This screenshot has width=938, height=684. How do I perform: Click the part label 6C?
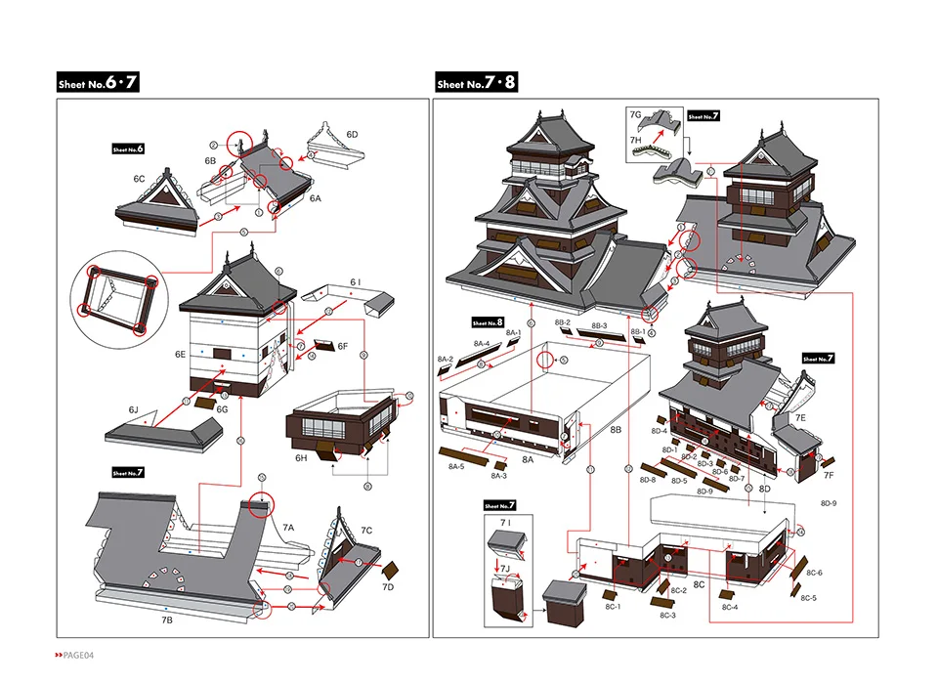tap(139, 179)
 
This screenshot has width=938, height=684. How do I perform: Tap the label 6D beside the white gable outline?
tap(351, 134)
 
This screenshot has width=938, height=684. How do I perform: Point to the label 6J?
tap(133, 410)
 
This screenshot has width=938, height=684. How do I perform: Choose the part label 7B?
tap(167, 620)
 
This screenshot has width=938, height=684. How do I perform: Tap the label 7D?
tap(388, 586)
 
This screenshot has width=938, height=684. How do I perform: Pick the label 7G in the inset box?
tap(635, 115)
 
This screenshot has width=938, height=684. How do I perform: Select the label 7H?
tap(635, 140)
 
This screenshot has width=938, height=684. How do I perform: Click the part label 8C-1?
tap(613, 607)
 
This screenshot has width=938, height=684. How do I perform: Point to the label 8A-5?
tap(456, 467)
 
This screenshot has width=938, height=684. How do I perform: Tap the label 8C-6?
tap(814, 572)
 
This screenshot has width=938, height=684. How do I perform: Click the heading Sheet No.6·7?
tap(98, 83)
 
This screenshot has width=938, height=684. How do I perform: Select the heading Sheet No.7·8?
tap(476, 83)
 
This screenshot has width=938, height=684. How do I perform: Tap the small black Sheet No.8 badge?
tap(487, 322)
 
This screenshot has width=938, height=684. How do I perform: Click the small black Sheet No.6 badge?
tap(128, 149)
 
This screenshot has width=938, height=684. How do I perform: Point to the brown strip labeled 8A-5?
tap(464, 453)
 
